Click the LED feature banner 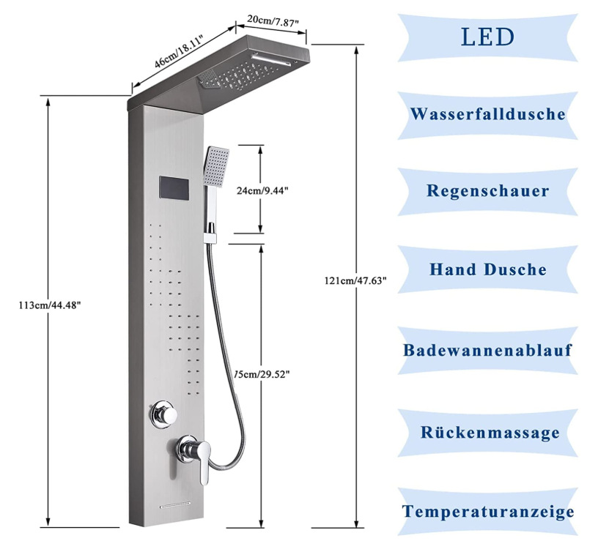487,37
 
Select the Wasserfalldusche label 488,114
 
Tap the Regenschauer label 488,191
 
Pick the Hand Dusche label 488,269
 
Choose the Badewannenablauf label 488,350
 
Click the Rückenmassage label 490,433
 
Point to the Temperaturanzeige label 488,511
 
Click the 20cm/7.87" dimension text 272,21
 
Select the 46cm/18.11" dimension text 179,51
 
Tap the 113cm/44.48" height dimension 50,305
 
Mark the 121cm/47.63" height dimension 356,281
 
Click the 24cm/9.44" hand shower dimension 262,190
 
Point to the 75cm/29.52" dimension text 262,375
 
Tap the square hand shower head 216,166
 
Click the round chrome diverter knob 164,414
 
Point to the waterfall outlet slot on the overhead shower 270,60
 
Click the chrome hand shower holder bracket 210,234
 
